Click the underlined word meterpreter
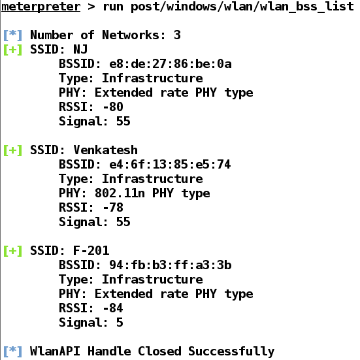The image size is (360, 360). pyautogui.click(x=41, y=7)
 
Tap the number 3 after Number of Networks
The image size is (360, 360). pyautogui.click(x=177, y=35)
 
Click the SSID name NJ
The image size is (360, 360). pyautogui.click(x=80, y=50)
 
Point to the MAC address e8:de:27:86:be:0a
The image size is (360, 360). pyautogui.click(x=171, y=64)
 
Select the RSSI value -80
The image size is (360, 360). pyautogui.click(x=113, y=106)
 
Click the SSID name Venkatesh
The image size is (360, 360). pyautogui.click(x=105, y=150)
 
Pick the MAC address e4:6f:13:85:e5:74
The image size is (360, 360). pyautogui.click(x=170, y=165)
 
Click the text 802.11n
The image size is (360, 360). pyautogui.click(x=120, y=193)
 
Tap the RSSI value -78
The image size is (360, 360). pyautogui.click(x=113, y=207)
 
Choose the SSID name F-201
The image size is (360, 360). pyautogui.click(x=91, y=250)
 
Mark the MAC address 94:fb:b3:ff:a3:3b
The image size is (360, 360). pyautogui.click(x=171, y=265)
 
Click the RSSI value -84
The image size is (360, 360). pyautogui.click(x=113, y=308)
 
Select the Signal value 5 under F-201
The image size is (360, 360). pyautogui.click(x=120, y=322)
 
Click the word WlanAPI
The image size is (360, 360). pyautogui.click(x=55, y=351)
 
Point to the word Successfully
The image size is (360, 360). pyautogui.click(x=231, y=352)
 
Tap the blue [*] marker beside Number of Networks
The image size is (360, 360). pyautogui.click(x=13, y=35)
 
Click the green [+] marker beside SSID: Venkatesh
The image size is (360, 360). pyautogui.click(x=13, y=150)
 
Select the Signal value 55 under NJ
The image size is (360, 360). pyautogui.click(x=123, y=122)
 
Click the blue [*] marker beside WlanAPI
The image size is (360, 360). pyautogui.click(x=13, y=352)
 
